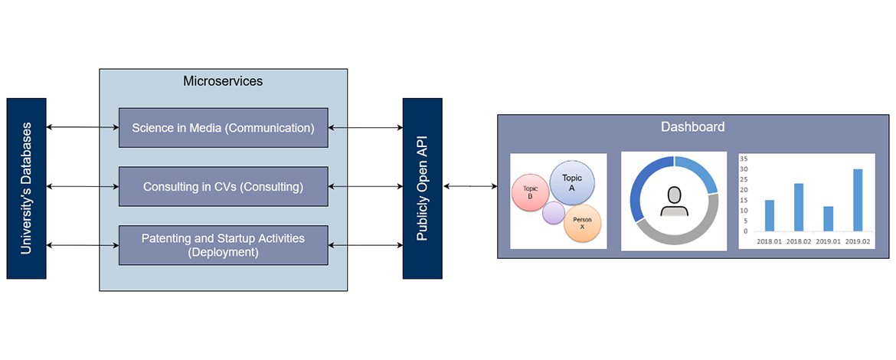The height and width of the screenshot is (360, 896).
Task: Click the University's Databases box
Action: click(26, 188)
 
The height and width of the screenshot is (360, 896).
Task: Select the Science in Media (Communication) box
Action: click(223, 127)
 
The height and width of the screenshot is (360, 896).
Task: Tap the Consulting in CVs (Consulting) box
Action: click(223, 186)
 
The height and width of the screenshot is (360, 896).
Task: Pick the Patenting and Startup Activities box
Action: click(223, 245)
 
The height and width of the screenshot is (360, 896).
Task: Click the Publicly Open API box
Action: click(422, 188)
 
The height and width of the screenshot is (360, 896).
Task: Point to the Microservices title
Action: click(223, 80)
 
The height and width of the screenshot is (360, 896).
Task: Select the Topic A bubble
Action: click(572, 182)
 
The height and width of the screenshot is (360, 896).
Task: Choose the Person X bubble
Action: click(582, 223)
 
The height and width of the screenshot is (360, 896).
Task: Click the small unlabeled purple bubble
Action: click(554, 213)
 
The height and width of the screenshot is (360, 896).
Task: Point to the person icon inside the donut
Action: click(674, 201)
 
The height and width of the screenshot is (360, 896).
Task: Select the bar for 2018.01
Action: click(770, 215)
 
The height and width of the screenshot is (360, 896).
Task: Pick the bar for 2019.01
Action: click(828, 218)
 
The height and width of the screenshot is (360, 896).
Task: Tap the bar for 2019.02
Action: click(858, 200)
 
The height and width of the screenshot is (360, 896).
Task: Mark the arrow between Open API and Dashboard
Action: click(469, 186)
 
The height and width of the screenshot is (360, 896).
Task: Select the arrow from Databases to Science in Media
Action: click(83, 127)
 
